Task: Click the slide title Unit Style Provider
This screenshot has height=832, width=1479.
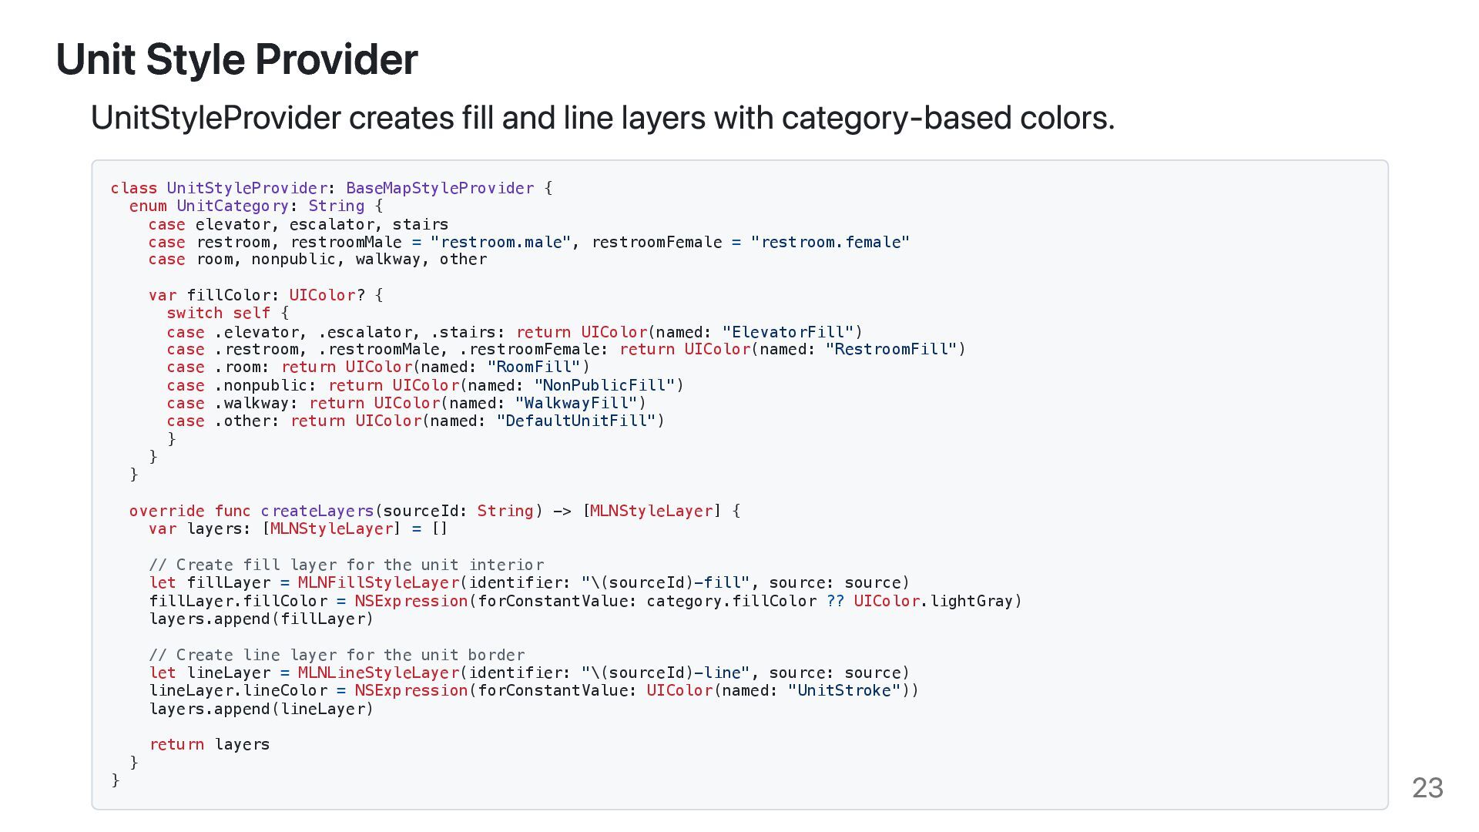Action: click(x=236, y=59)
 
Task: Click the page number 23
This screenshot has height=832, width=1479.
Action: click(x=1427, y=787)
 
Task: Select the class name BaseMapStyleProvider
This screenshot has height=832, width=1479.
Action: click(x=439, y=188)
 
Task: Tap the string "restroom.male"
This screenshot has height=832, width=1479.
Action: click(x=501, y=242)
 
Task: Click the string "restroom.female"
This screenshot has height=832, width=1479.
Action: click(x=830, y=242)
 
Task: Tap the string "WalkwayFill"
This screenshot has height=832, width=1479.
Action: click(x=576, y=403)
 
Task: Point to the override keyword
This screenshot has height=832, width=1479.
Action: click(x=166, y=511)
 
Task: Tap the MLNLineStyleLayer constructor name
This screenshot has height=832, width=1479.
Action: click(x=378, y=673)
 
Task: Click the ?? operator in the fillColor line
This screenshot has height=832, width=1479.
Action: click(x=835, y=601)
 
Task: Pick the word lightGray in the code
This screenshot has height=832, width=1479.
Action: click(x=971, y=601)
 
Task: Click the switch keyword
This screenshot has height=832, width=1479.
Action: click(x=194, y=314)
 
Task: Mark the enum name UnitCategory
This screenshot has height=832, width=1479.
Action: click(x=232, y=206)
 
